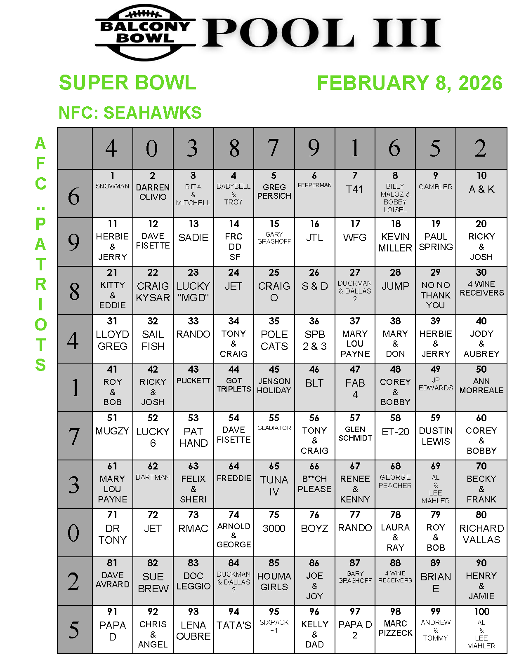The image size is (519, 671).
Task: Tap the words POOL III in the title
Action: click(321, 33)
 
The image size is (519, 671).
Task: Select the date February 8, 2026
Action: click(409, 83)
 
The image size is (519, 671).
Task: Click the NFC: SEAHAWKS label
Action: click(130, 113)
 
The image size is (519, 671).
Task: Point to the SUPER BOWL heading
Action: click(127, 82)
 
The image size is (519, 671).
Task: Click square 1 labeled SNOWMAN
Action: click(113, 193)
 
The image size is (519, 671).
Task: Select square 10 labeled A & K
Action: click(481, 193)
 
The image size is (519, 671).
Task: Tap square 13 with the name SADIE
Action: click(193, 242)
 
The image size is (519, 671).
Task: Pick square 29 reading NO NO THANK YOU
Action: click(436, 290)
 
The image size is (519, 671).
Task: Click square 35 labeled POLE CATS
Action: click(274, 339)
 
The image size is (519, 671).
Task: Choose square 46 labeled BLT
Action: click(314, 387)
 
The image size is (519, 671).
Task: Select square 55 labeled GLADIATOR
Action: click(274, 435)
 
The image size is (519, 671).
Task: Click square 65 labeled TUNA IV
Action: click(274, 484)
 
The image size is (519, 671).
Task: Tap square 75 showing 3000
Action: click(274, 532)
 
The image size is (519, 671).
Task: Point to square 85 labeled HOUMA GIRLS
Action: click(274, 581)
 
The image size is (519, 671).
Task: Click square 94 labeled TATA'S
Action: click(234, 629)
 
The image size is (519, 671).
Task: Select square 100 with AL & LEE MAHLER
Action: click(481, 629)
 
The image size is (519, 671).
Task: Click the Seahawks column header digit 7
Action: click(274, 148)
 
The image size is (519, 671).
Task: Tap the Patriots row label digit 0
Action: click(74, 533)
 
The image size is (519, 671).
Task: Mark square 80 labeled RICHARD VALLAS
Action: click(481, 532)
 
